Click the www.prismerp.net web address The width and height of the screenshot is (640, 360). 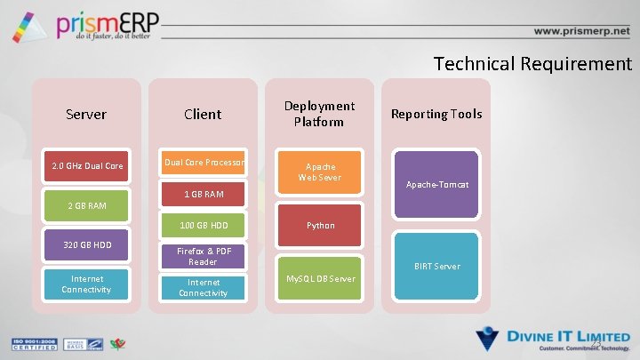coord(581,30)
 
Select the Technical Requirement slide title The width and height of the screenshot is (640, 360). coord(532,64)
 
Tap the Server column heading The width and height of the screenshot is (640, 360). coord(86,114)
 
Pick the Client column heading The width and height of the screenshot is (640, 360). coord(203,114)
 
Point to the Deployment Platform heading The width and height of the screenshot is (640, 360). coord(319,114)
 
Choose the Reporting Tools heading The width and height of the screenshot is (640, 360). coord(436,114)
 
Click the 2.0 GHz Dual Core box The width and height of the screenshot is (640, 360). coord(87,166)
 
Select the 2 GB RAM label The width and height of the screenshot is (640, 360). coord(87,205)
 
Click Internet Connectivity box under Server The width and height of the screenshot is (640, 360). coord(87,284)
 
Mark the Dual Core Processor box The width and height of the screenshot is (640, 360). coord(204,163)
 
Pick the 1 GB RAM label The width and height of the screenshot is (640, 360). coord(204,194)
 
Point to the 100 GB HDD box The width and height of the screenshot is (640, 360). coord(204,226)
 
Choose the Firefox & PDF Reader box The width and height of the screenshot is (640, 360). coord(204,256)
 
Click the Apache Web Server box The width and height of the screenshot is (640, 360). coord(320,172)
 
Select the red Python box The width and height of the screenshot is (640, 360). coord(320,226)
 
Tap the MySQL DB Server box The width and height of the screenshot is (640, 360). coord(320,278)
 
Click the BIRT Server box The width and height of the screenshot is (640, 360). coord(436,266)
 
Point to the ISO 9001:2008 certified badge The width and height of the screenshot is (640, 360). coord(32,345)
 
